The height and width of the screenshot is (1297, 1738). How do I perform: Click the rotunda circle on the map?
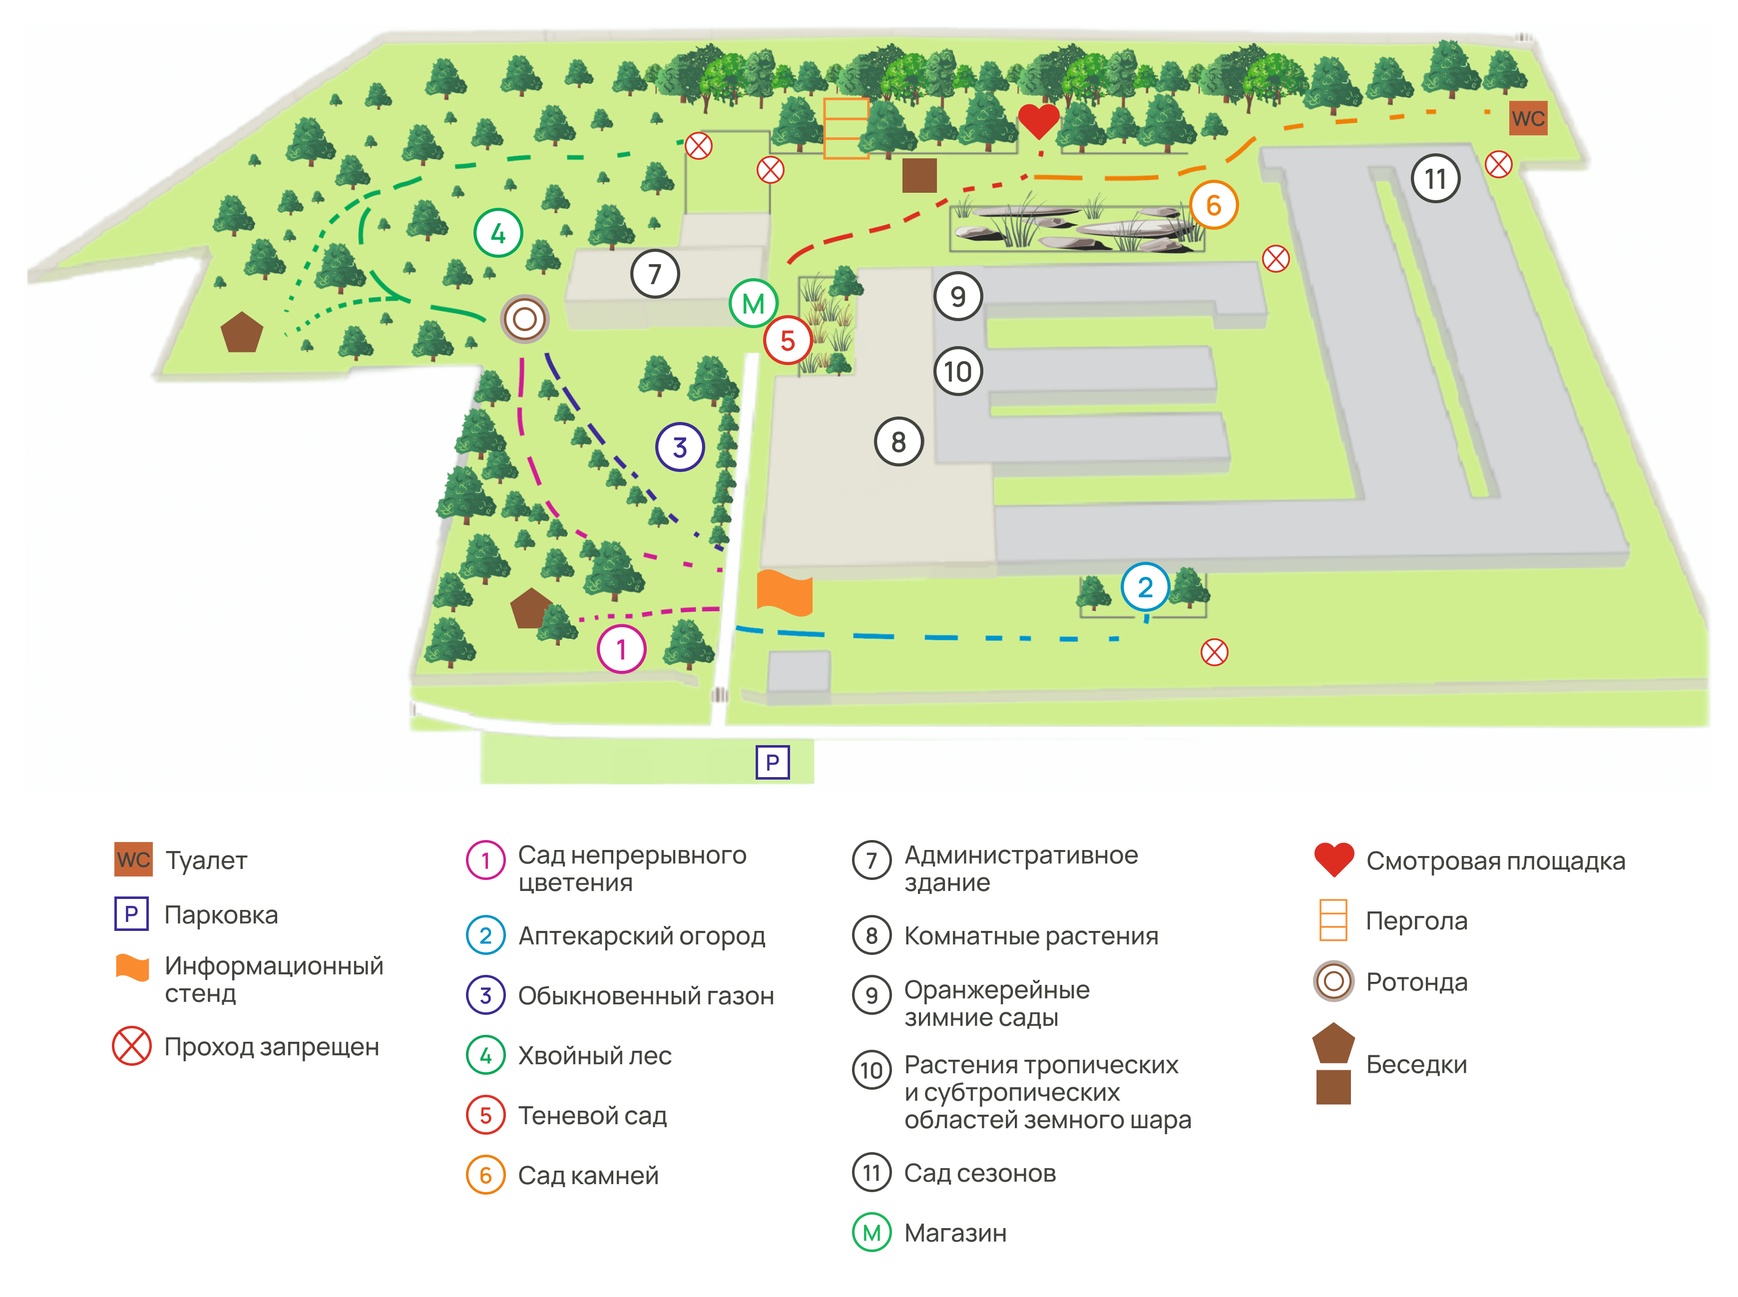524,319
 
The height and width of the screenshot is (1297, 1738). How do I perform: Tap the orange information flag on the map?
784,593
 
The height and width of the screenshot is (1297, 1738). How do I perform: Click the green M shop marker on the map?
753,303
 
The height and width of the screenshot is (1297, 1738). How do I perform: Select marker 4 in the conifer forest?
498,233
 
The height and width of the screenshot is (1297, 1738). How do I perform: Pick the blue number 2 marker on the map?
1145,587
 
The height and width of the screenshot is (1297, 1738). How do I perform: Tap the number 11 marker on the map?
1435,179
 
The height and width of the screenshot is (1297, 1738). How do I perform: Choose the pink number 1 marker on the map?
621,649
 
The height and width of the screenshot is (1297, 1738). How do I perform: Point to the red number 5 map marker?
788,340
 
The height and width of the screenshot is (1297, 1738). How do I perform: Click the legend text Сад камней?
588,1175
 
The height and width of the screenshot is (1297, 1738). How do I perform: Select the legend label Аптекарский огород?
641,936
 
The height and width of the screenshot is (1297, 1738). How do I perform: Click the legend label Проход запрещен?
272,1047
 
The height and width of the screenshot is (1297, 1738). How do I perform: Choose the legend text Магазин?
954,1233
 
